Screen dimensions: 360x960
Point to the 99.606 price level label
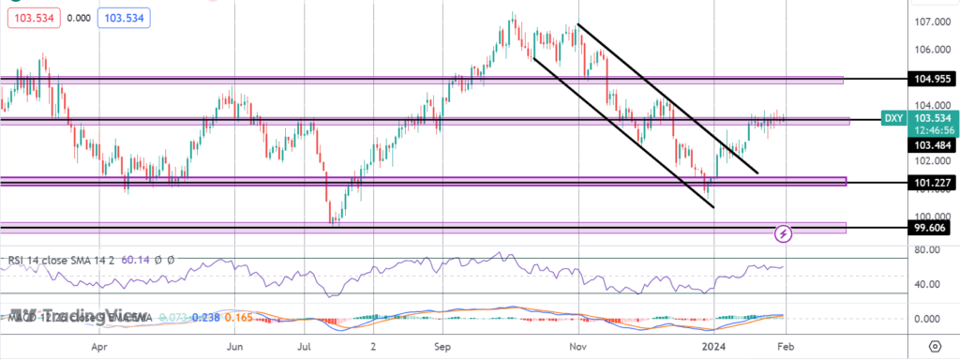click(x=929, y=228)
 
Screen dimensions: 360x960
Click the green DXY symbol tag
click(x=894, y=119)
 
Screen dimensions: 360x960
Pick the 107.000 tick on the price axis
click(x=928, y=22)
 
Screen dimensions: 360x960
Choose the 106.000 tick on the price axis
click(x=928, y=50)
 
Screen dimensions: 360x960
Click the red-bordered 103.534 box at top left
click(x=28, y=17)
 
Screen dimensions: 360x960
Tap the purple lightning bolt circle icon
click(x=784, y=232)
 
